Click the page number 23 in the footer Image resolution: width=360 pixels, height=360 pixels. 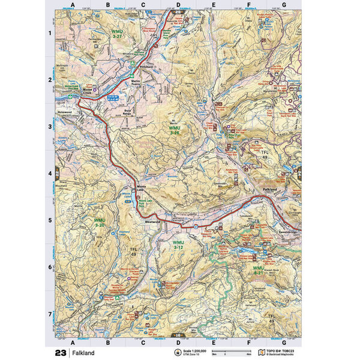tap(60, 353)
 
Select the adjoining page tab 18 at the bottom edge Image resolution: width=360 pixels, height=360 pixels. tap(178, 334)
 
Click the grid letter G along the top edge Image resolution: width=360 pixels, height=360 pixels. tap(283, 4)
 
